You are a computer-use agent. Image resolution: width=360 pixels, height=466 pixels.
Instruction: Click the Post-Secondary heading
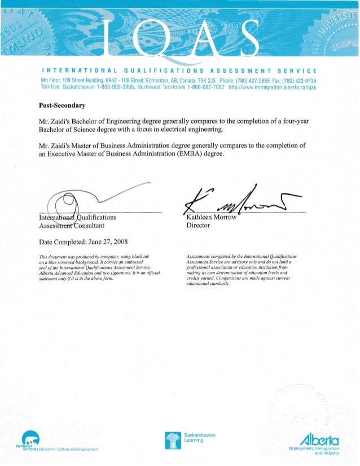(x=62, y=105)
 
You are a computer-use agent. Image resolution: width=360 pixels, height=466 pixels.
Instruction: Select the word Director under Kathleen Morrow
(x=198, y=226)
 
